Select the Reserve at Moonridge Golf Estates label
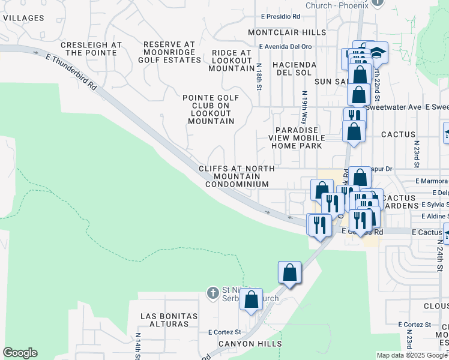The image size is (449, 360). pos(169,53)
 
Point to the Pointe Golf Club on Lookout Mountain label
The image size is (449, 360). pos(211,109)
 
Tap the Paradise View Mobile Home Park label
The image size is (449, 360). pos(299,138)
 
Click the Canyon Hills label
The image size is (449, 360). pos(250,344)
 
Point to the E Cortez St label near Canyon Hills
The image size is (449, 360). pos(224,332)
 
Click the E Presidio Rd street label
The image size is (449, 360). pos(280,16)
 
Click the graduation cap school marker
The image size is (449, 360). pos(379,53)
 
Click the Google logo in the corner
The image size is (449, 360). pos(20,353)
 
